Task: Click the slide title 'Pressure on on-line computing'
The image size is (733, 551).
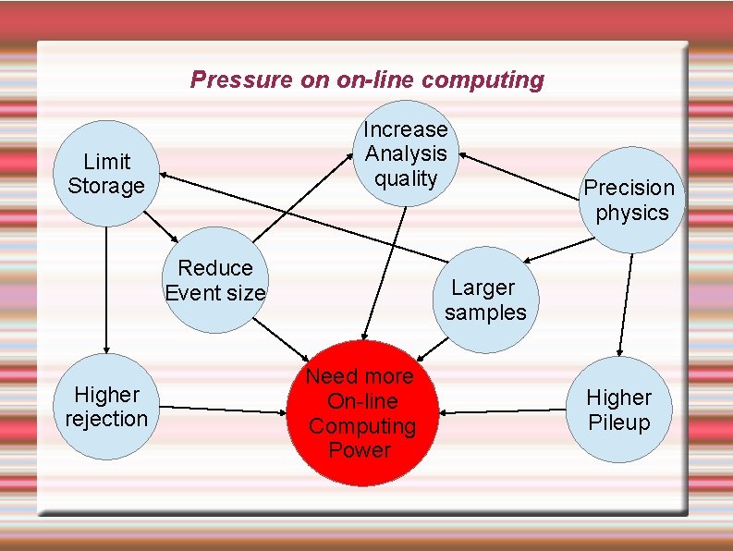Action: [367, 80]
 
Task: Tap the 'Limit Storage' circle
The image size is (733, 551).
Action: [106, 173]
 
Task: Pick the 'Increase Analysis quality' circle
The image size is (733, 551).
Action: [405, 153]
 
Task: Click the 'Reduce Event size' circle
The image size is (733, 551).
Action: [215, 279]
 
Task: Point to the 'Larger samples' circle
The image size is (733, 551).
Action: [485, 300]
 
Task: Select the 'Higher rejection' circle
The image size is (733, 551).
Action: [106, 407]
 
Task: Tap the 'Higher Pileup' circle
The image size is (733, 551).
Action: [618, 410]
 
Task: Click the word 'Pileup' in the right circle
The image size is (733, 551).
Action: [618, 422]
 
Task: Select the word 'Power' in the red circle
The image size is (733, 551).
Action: [360, 450]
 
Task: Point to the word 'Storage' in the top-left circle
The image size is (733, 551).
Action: [106, 186]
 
